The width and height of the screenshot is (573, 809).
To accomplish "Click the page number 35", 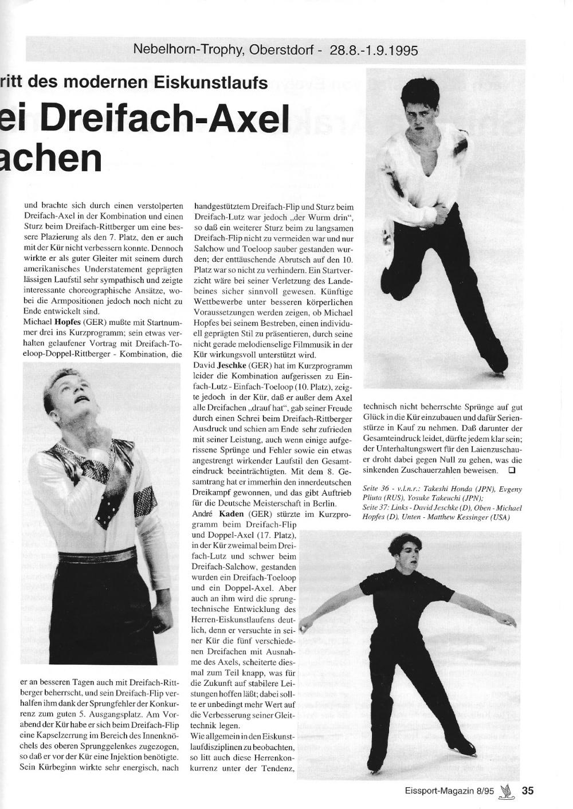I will coord(528,790).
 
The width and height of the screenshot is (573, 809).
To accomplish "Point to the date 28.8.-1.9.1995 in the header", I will coord(374,50).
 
